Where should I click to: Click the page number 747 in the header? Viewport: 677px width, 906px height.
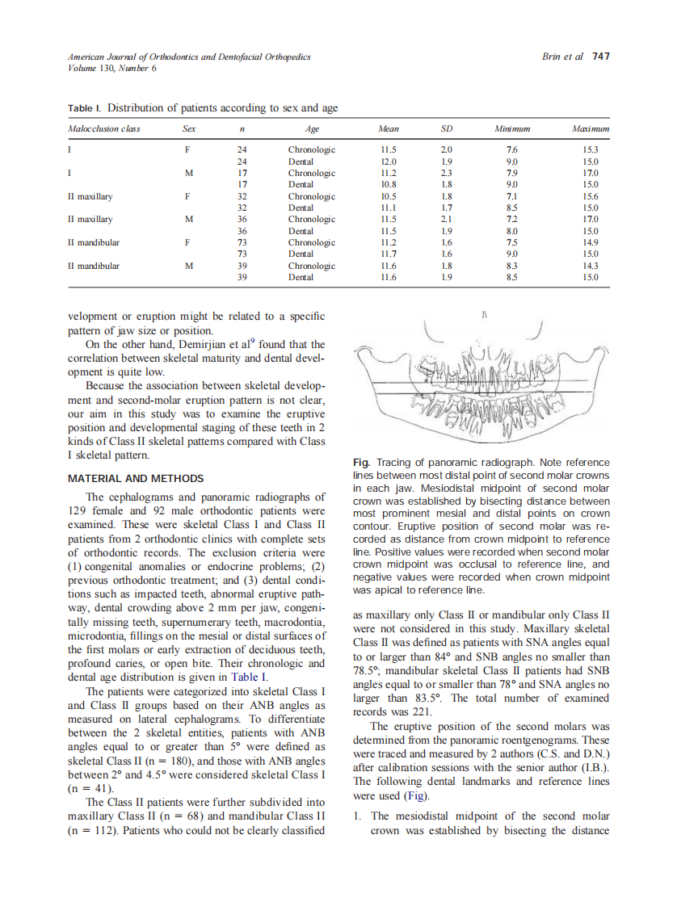coord(600,57)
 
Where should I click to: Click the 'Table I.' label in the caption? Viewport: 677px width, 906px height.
coord(85,108)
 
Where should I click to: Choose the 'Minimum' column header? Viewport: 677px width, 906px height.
coord(511,128)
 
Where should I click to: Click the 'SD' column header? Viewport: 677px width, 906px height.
coord(446,128)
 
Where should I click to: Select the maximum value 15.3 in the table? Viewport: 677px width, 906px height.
coord(591,150)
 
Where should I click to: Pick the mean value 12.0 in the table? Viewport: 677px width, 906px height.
coord(388,161)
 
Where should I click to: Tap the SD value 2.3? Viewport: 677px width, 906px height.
coord(446,173)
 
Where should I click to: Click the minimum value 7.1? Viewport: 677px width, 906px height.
coord(511,196)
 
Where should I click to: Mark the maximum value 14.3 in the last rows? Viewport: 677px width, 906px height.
coord(591,265)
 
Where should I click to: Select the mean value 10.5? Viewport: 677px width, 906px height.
coord(388,196)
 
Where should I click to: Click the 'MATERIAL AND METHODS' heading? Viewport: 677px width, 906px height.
coord(136,479)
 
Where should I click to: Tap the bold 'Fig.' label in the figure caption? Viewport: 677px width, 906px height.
coord(362,463)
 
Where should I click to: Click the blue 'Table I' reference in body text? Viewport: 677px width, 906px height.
coord(249,677)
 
